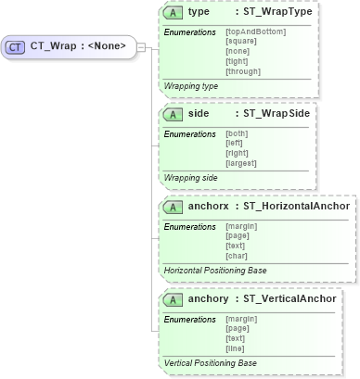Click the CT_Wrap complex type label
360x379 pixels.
pos(79,45)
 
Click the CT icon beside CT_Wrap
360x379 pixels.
pos(17,45)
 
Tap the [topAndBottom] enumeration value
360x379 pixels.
pos(255,32)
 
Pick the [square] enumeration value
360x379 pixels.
pos(242,42)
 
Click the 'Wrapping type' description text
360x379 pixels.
pos(191,85)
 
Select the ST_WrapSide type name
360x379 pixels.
pos(276,113)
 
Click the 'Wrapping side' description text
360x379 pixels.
pos(191,177)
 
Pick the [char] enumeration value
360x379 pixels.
pos(237,255)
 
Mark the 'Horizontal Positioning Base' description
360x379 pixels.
pos(214,271)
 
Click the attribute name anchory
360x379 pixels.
pos(208,299)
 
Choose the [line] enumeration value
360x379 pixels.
pos(236,347)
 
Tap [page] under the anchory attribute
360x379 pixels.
pos(238,329)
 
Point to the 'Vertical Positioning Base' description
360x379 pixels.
pos(210,363)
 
